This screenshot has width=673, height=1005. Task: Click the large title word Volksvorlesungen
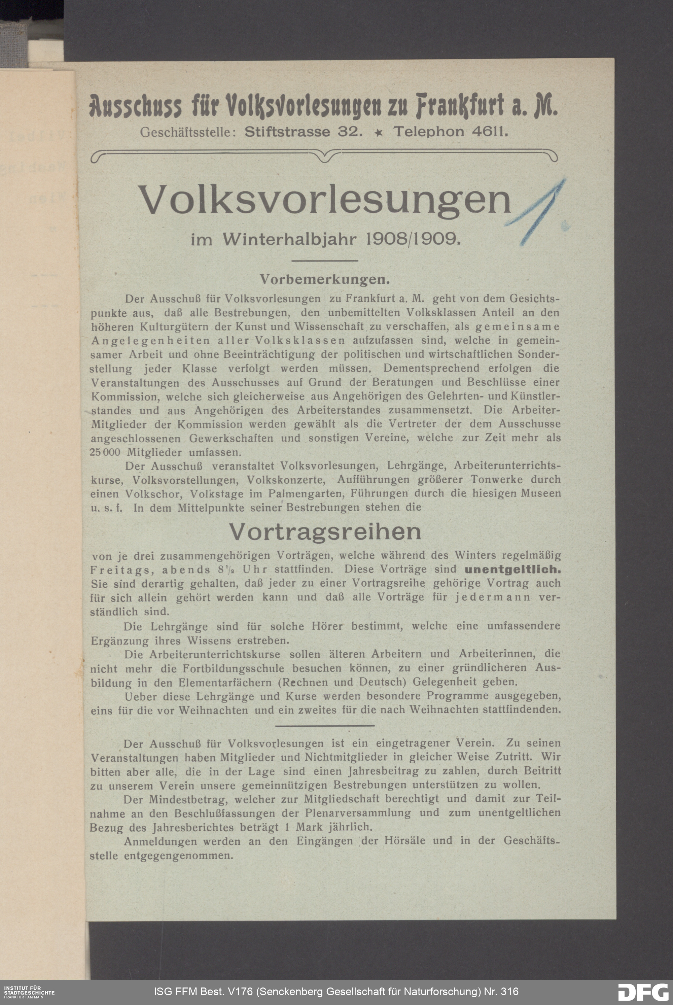pos(325,200)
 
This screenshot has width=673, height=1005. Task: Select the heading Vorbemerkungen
pos(324,280)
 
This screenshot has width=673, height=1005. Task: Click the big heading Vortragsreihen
pos(325,531)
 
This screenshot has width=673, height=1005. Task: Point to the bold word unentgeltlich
pos(512,570)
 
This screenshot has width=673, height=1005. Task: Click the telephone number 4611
pos(489,132)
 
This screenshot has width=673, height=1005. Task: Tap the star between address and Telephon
pos(379,133)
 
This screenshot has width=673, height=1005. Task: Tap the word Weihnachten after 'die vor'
pos(213,709)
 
